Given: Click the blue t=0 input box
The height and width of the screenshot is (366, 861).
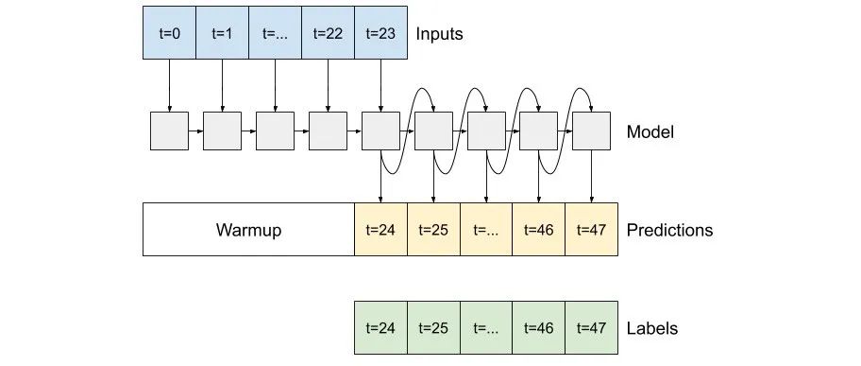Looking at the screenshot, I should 169,32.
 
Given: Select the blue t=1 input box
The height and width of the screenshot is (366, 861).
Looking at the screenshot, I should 222,32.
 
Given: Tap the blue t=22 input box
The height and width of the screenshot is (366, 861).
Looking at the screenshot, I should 327,32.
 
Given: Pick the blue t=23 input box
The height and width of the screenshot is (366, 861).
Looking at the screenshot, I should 380,32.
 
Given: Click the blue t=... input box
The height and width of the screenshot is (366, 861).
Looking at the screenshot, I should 275,32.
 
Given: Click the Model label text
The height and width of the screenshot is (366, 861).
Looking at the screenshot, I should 650,132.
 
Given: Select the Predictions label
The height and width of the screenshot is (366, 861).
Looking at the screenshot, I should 669,230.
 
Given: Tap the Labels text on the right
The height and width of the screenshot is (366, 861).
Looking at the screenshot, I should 651,329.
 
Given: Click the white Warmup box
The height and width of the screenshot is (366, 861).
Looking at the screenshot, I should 248,230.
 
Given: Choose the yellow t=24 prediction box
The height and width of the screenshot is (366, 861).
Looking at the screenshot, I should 380,230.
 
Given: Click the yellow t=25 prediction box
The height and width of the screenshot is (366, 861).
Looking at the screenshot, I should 433,230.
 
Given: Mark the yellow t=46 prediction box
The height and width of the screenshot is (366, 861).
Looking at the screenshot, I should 538,230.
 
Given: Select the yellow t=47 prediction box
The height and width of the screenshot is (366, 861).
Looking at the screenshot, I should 591,230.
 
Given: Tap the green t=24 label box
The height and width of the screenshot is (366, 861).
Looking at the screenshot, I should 380,328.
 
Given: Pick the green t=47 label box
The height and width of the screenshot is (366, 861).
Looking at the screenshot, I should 591,328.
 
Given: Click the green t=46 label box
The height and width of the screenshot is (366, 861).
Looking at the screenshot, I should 538,328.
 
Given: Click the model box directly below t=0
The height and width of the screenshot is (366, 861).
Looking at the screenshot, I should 169,131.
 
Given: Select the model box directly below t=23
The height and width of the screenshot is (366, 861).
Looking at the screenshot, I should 380,131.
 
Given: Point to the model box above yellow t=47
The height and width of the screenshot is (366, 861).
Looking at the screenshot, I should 592,131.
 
